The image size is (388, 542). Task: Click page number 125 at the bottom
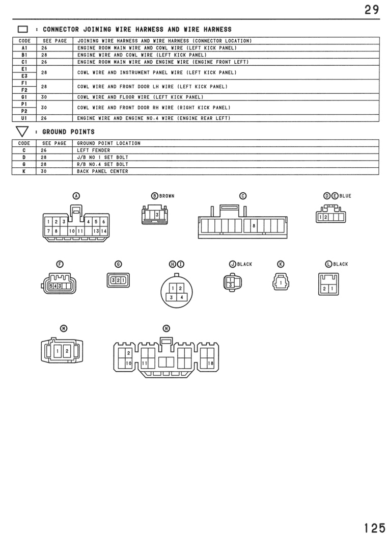[375, 528]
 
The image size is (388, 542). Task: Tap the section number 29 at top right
[372, 9]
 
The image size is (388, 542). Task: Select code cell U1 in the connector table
[24, 118]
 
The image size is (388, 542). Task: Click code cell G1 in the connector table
[24, 97]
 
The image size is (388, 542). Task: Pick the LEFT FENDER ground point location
[94, 150]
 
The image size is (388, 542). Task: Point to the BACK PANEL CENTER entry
[102, 171]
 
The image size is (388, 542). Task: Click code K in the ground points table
[24, 171]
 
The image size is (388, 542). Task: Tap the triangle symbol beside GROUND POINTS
[22, 131]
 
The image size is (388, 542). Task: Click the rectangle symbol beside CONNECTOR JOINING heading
[23, 29]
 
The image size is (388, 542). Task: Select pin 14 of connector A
[103, 231]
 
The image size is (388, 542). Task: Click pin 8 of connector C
[254, 226]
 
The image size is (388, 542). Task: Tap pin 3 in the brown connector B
[157, 215]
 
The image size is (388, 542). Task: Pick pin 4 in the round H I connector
[182, 297]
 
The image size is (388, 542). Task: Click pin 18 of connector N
[211, 364]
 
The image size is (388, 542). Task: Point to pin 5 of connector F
[51, 286]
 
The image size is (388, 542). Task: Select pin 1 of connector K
[281, 283]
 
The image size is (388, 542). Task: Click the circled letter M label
[64, 328]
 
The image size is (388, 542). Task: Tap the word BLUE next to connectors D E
[345, 196]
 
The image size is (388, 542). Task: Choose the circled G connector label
[118, 264]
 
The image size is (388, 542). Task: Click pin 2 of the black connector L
[324, 289]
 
